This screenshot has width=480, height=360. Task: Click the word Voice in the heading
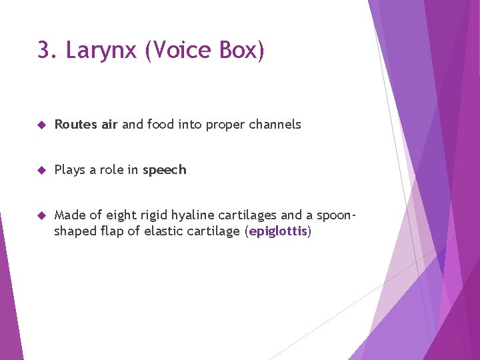pyautogui.click(x=177, y=50)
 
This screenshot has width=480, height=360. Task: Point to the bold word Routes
pyautogui.click(x=75, y=125)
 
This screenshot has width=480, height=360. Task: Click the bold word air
pyautogui.click(x=109, y=125)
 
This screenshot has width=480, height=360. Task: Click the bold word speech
pyautogui.click(x=165, y=170)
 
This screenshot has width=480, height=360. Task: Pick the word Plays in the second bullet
pyautogui.click(x=69, y=170)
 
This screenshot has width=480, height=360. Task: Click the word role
pyautogui.click(x=112, y=170)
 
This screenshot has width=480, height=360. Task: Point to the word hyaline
pyautogui.click(x=193, y=215)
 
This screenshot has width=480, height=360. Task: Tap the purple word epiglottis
pyautogui.click(x=278, y=231)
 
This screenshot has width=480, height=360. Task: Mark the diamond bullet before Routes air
pyautogui.click(x=41, y=125)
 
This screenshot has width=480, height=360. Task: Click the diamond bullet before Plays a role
pyautogui.click(x=41, y=170)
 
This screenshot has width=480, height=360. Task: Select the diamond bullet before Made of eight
pyautogui.click(x=41, y=215)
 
